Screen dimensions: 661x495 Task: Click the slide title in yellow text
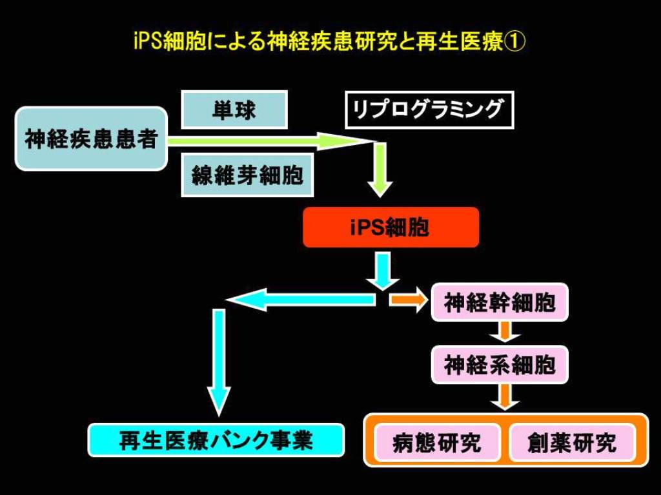coord(329,42)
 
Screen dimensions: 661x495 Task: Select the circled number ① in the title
coord(514,42)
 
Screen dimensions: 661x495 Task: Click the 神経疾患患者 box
coord(91,139)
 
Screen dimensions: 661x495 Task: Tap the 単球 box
coord(234,110)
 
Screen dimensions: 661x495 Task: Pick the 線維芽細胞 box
coord(247,175)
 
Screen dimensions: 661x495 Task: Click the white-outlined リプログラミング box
coord(429,110)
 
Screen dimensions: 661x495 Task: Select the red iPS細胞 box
coord(391,228)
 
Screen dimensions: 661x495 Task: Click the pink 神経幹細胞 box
coord(500,302)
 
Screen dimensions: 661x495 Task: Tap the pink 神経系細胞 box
coord(500,365)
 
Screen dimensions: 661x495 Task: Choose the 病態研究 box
coord(437,442)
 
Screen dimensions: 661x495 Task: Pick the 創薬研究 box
coord(572,442)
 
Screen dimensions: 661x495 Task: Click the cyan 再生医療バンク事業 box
coord(216,440)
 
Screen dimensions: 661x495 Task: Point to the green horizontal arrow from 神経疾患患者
coord(270,141)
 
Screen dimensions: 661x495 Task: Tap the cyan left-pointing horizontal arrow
coord(300,300)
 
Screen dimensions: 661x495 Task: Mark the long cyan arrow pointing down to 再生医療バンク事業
coord(219,363)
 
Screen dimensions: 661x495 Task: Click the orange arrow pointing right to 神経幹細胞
coord(408,300)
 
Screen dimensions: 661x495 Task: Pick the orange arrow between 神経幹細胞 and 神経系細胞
coord(505,332)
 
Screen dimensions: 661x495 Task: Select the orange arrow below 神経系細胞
coord(505,396)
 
